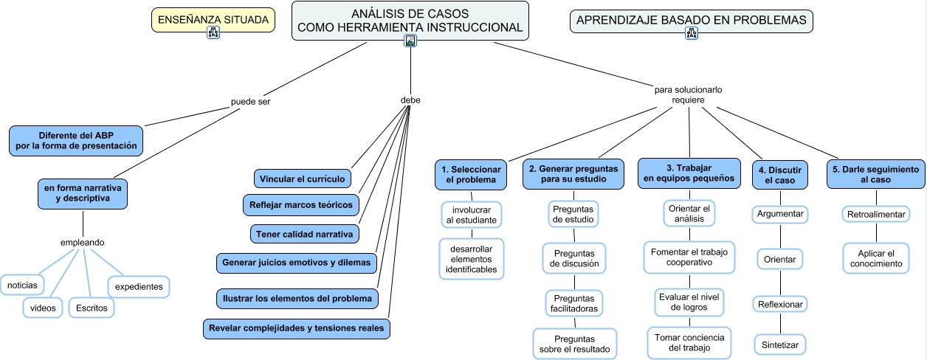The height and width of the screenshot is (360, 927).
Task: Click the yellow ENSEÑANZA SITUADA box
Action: [213, 19]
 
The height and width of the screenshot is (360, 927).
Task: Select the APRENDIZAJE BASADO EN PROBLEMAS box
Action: [691, 21]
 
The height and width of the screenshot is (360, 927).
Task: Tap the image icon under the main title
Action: [410, 41]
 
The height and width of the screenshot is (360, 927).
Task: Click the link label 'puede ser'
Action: [250, 102]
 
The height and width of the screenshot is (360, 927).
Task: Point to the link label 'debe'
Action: [410, 100]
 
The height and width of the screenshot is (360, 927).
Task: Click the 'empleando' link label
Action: [83, 243]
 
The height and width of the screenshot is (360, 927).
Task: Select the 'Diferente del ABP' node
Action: [76, 141]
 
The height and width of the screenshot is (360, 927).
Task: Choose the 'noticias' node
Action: [22, 285]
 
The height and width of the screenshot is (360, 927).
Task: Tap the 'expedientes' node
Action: [139, 287]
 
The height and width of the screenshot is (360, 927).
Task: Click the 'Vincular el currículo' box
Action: [303, 179]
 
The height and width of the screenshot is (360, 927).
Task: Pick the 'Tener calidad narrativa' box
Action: [305, 234]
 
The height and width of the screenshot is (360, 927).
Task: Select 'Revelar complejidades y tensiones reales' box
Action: [296, 328]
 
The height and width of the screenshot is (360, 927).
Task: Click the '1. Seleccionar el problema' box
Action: [471, 175]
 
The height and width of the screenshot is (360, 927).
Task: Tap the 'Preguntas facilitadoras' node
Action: [574, 304]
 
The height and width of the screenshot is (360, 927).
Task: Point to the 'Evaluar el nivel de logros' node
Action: [689, 302]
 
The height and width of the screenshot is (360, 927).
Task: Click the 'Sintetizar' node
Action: [779, 345]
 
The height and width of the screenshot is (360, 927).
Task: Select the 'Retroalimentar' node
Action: [876, 215]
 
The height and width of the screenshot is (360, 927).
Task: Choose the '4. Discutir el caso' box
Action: [780, 175]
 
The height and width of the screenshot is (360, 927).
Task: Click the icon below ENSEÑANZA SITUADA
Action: [213, 32]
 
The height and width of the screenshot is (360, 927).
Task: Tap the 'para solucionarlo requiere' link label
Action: [688, 94]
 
